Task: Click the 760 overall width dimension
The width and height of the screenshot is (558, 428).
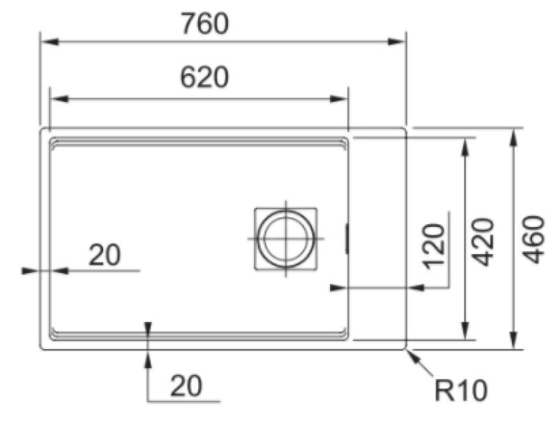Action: tap(204, 24)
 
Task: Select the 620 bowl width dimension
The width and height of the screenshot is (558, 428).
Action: tap(204, 78)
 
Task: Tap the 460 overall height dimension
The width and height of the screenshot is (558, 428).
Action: tap(534, 239)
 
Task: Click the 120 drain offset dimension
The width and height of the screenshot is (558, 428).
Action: tap(433, 245)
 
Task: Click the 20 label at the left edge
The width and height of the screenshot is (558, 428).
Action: tap(104, 256)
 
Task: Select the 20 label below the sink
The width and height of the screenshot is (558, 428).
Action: tap(186, 385)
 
